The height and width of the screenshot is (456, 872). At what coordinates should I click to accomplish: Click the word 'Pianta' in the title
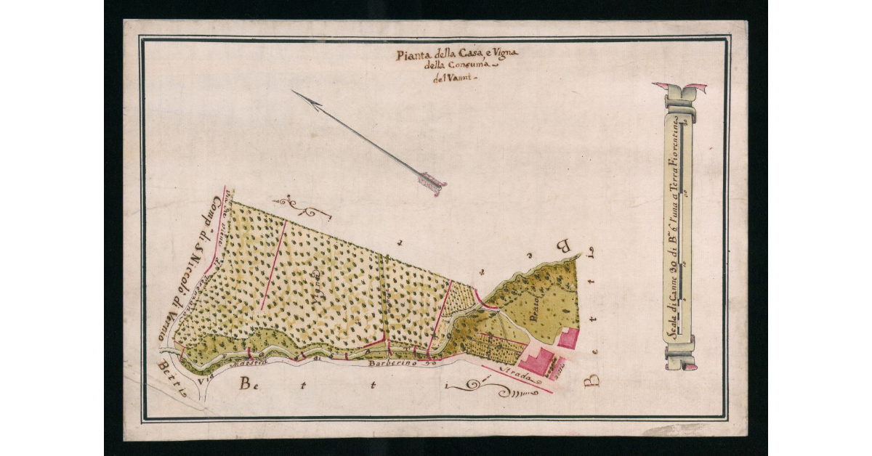coord(411,55)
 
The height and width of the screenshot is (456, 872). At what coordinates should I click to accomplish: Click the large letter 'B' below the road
coord(247,383)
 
